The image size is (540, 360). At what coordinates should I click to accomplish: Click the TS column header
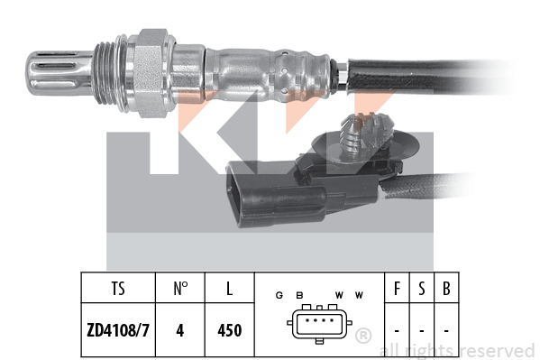pyautogui.click(x=118, y=289)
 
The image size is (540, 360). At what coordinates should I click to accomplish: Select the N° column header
pyautogui.click(x=180, y=289)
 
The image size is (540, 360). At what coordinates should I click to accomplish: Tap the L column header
pyautogui.click(x=229, y=289)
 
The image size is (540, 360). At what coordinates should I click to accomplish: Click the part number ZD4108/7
pyautogui.click(x=118, y=330)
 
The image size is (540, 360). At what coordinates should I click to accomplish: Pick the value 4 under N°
pyautogui.click(x=179, y=330)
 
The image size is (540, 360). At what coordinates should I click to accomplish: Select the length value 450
pyautogui.click(x=229, y=330)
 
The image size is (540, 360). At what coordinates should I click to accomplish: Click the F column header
pyautogui.click(x=397, y=289)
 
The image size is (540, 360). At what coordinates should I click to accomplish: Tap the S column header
pyautogui.click(x=422, y=289)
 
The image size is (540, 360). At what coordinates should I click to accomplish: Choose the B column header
pyautogui.click(x=446, y=289)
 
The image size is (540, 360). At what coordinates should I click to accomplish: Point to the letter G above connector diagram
pyautogui.click(x=279, y=295)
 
